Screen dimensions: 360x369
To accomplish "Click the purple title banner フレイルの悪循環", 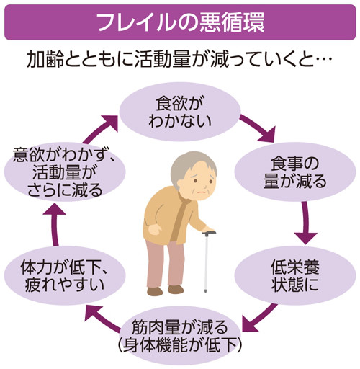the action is click(180, 22).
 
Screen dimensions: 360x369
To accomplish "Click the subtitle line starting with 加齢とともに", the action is click(179, 59).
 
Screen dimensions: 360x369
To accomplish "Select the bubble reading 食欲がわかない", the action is click(180, 112).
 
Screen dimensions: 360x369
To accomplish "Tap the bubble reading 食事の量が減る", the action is click(295, 172).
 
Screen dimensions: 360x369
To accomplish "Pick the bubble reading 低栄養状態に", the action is click(295, 275).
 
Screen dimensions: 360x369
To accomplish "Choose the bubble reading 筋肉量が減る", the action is click(180, 336).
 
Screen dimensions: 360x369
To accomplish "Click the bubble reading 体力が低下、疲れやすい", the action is click(65, 275).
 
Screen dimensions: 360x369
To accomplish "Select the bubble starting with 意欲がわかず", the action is click(65, 172).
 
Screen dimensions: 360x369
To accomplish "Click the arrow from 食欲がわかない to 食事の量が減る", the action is click(257, 128).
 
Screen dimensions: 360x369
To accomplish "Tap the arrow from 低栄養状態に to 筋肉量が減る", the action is click(259, 319).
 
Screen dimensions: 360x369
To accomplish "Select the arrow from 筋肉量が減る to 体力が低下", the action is click(102, 319).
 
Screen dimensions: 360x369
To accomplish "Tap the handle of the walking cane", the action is click(209, 233).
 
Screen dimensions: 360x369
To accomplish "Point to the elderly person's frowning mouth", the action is click(202, 192).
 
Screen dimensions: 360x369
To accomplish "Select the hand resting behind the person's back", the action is click(155, 230).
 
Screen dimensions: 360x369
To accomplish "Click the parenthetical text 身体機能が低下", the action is click(180, 345).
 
